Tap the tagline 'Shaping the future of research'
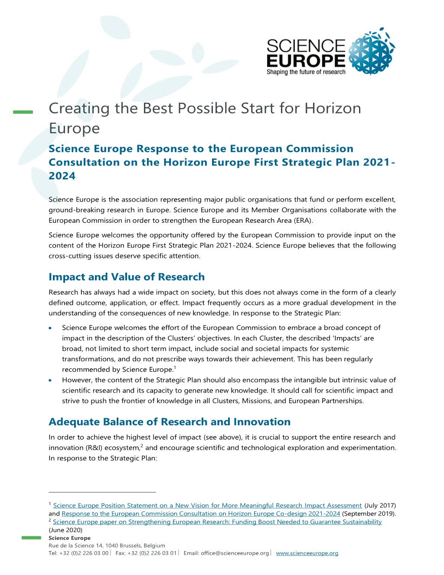[306, 72]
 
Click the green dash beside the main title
[23, 112]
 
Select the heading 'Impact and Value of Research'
[127, 277]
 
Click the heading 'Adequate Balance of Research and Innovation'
[170, 422]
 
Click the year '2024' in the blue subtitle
[62, 176]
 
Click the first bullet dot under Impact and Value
[51, 328]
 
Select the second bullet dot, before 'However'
[51, 380]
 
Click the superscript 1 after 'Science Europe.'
[175, 367]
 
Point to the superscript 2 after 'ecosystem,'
[141, 446]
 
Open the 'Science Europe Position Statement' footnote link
[207, 506]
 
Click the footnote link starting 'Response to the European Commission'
[201, 514]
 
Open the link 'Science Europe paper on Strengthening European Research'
[217, 522]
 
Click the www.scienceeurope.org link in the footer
[307, 553]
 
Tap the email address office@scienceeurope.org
[235, 553]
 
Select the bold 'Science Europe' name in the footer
[69, 538]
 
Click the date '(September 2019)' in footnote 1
[369, 514]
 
